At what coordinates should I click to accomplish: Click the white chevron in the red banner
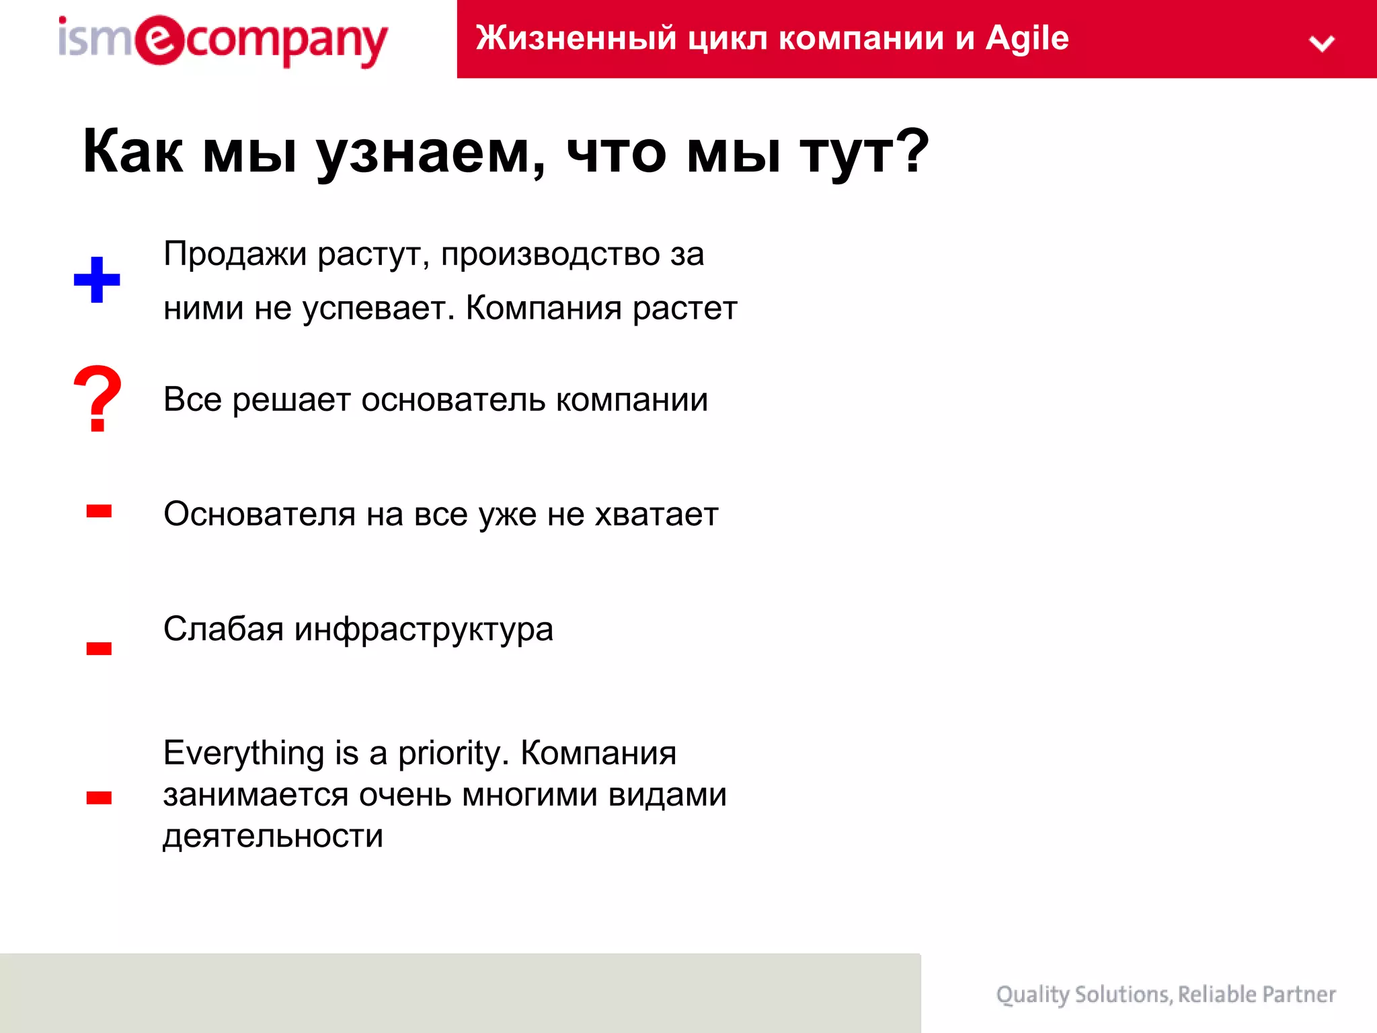[x=1321, y=44]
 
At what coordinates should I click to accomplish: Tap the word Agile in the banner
[x=1027, y=38]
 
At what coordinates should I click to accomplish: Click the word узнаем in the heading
[x=430, y=153]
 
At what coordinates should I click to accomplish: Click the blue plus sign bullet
[x=97, y=280]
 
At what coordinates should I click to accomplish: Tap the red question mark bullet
[x=97, y=399]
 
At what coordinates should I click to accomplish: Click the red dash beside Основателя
[x=99, y=512]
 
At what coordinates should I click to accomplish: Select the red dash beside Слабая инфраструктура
[x=99, y=648]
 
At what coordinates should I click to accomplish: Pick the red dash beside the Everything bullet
[x=99, y=798]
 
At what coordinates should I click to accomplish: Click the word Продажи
[x=235, y=255]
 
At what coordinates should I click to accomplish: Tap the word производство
[x=550, y=255]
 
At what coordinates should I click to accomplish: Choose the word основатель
[x=453, y=400]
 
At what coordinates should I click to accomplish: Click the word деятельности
[x=273, y=837]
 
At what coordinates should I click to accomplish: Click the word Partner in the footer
[x=1298, y=994]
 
